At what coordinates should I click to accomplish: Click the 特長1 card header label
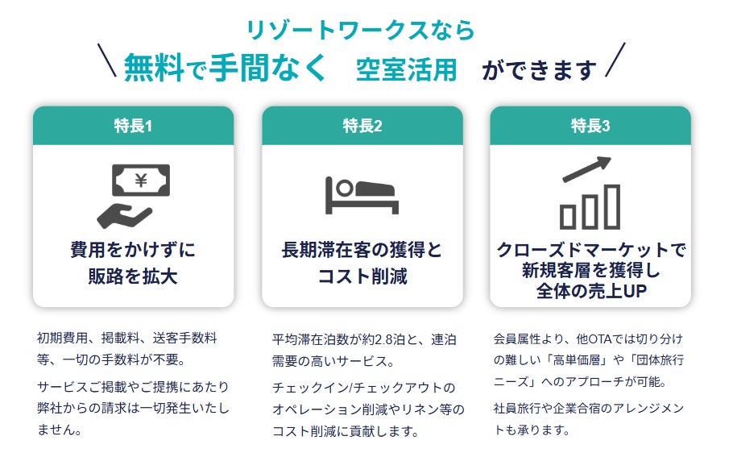[133, 126]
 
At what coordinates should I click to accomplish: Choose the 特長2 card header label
[362, 126]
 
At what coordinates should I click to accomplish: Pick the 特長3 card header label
[590, 126]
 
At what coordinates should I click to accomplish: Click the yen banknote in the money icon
[140, 181]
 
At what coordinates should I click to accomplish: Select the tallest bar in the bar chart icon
[612, 207]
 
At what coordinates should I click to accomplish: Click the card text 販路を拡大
[133, 277]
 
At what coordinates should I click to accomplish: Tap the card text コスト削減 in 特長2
[362, 277]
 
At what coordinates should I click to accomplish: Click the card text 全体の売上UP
[590, 291]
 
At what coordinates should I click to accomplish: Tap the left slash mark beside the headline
[105, 60]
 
